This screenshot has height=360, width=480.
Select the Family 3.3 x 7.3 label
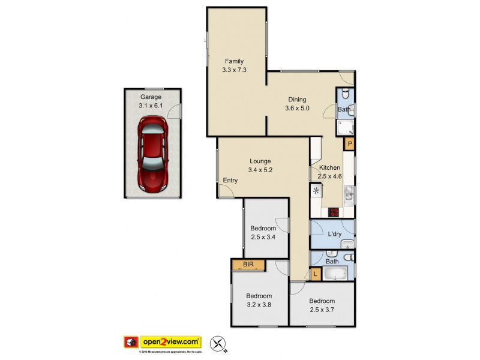234,65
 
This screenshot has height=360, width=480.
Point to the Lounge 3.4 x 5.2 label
260,165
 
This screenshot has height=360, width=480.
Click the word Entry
230,181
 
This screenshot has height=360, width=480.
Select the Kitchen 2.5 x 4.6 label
329,172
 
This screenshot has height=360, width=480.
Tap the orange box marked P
349,144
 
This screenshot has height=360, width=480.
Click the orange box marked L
316,274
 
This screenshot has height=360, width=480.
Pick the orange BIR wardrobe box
247,265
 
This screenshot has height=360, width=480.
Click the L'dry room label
334,234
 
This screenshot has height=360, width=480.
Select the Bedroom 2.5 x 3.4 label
263,233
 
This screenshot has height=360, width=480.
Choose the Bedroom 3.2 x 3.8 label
259,300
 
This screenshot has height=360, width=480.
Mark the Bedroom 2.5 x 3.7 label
322,305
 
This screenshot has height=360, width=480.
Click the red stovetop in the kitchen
333,212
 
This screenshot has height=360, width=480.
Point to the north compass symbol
221,344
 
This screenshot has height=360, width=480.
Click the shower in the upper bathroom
346,127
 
